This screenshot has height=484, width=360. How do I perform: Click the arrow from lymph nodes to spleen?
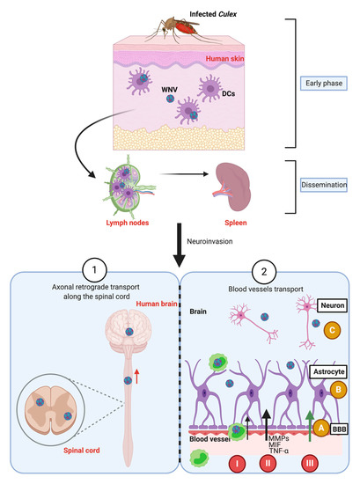coord(179,186)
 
